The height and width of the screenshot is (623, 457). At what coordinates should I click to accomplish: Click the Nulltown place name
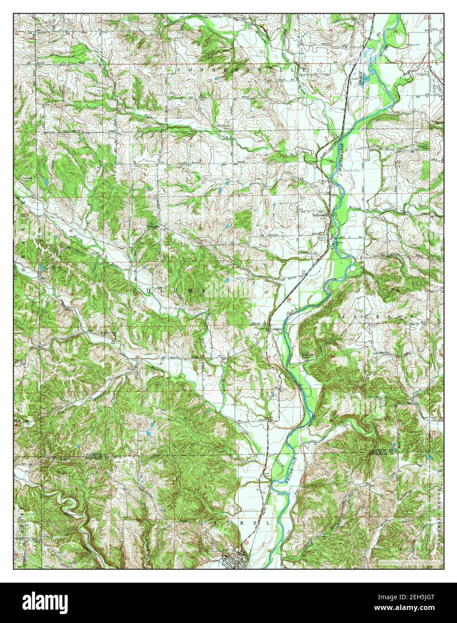[319, 216]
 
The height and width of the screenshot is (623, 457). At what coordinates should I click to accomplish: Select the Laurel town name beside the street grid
[216, 560]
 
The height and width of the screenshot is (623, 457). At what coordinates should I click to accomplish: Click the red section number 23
[332, 292]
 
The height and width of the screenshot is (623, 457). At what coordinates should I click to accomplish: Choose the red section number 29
[137, 356]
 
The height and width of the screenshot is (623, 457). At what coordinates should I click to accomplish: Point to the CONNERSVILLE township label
[242, 70]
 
